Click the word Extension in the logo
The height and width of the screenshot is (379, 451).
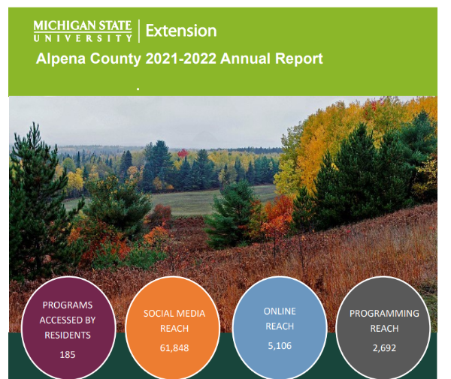tap(181, 31)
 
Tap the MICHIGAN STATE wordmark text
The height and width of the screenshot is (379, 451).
tap(83, 26)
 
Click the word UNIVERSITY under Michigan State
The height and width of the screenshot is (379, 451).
tap(83, 38)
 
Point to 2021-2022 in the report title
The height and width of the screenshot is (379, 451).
tap(180, 59)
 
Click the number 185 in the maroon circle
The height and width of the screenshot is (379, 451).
tap(68, 355)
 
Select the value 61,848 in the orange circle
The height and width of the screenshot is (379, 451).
tap(174, 348)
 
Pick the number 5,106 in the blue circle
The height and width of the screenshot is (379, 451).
tap(280, 346)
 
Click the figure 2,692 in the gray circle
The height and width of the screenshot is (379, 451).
tap(384, 348)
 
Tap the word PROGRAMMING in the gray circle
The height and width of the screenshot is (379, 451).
tap(384, 313)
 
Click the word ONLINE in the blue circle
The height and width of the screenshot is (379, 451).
tap(280, 311)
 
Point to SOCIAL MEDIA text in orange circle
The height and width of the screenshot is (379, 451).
tap(174, 313)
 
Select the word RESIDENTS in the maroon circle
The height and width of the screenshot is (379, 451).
tap(68, 335)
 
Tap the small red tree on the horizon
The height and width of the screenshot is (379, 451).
tap(183, 153)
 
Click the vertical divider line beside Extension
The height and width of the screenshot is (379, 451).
tap(139, 31)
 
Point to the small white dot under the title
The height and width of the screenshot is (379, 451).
tap(138, 89)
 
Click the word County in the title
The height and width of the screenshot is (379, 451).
tap(115, 59)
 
